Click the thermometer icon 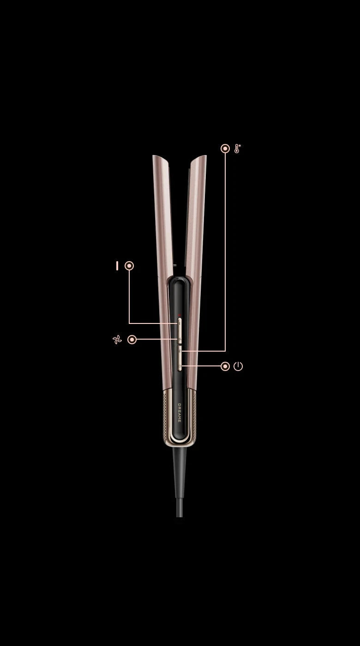tap(237, 149)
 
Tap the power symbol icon tap(238, 366)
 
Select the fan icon tap(117, 340)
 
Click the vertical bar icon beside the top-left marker tap(117, 266)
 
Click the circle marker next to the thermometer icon tap(225, 149)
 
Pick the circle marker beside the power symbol tap(225, 366)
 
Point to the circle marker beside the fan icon tap(132, 340)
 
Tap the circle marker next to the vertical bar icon tap(129, 266)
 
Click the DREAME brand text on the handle tap(180, 413)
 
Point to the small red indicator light tap(180, 315)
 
